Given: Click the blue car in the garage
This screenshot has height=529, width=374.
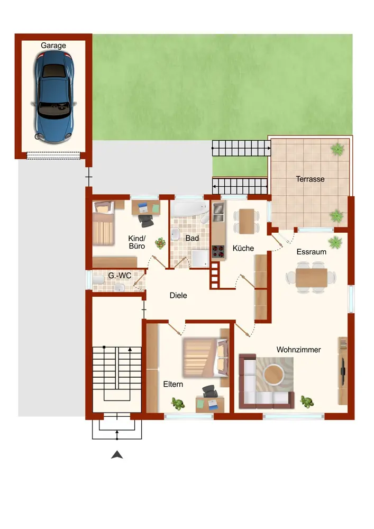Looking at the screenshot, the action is pos(53,97).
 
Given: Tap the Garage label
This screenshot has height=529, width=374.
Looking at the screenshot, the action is pos(53,45).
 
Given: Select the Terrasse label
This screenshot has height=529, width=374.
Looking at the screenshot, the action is pos(310,179).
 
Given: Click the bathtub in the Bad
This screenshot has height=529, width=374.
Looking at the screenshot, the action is pos(189,209).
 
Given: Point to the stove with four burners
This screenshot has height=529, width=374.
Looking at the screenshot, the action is pos(218,252).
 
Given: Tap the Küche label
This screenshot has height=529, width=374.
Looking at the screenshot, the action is pos(243,248).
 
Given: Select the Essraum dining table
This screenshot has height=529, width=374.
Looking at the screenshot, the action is pos(311,278).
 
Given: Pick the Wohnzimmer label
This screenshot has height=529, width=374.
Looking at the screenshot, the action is pos(298,350).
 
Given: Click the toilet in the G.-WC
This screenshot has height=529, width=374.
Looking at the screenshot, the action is pos(98,280).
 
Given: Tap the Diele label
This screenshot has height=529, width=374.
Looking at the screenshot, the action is pos(178,296).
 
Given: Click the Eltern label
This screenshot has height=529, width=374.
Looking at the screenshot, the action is pos(173,384).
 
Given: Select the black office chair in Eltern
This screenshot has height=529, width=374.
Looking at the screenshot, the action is pos(210,391).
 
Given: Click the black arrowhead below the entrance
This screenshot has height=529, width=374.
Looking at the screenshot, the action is pos(117,455).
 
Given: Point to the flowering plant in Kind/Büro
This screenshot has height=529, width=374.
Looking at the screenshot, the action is pos(160,243).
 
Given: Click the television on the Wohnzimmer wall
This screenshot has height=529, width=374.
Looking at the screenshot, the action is pos(343,371).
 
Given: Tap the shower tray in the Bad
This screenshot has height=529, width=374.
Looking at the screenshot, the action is pos(200,259).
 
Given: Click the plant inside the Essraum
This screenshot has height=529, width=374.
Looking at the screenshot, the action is pos(335,242).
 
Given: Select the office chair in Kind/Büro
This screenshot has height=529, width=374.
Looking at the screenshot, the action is pos(145,220).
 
